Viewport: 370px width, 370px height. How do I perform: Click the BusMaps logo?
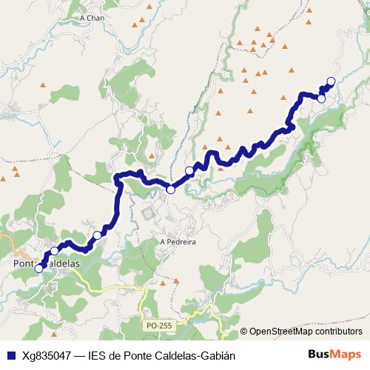(x=335, y=354)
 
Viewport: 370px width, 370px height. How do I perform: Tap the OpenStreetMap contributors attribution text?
(x=306, y=332)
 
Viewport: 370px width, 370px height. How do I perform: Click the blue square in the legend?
(x=10, y=355)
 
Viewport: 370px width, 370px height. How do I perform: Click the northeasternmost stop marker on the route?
(x=331, y=81)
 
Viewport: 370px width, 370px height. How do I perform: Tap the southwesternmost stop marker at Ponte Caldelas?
(x=39, y=269)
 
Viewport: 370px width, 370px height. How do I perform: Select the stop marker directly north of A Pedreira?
(x=170, y=190)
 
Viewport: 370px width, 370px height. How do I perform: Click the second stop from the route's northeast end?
(x=321, y=98)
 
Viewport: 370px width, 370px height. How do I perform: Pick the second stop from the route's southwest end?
(x=54, y=251)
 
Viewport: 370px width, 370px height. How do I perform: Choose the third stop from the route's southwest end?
(x=97, y=235)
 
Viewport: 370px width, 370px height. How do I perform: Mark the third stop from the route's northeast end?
(x=189, y=171)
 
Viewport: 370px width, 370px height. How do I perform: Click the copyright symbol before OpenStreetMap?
(x=244, y=332)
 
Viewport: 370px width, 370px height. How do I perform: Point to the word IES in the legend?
(x=97, y=355)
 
